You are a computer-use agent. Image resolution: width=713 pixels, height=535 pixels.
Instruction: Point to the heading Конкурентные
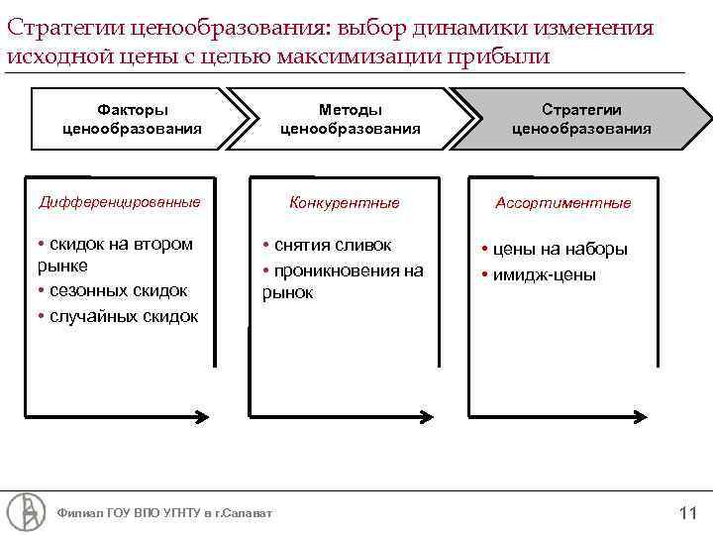point(344,202)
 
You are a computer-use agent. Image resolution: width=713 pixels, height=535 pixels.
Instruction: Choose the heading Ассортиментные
point(562,202)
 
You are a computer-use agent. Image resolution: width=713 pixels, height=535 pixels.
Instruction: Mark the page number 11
point(688,513)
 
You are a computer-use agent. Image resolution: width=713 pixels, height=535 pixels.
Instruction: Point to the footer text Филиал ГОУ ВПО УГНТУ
point(164,513)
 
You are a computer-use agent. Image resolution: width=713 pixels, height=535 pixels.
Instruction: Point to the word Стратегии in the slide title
point(56,27)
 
